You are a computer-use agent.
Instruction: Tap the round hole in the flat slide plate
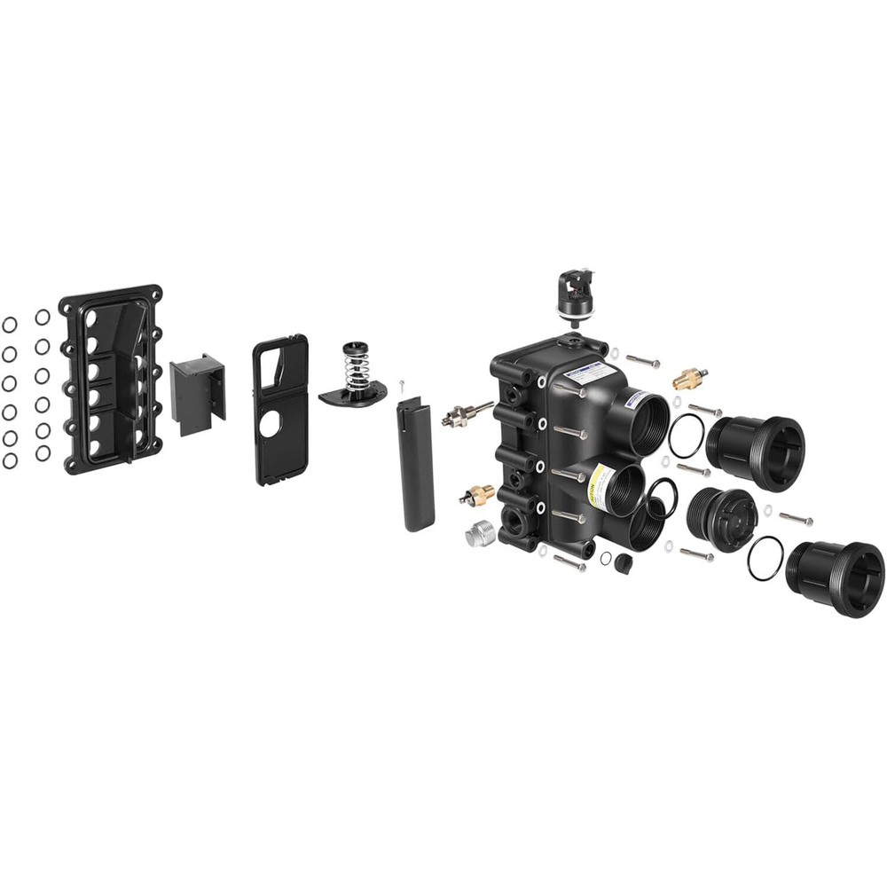tap(270, 424)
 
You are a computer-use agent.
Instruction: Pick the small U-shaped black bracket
tap(198, 393)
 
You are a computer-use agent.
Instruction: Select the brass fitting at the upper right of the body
tap(689, 379)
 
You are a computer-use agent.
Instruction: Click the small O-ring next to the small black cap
tap(606, 558)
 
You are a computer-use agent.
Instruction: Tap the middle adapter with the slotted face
tap(723, 519)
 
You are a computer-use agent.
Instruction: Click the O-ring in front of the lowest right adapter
tap(765, 558)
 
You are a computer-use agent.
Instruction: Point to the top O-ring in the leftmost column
tap(10, 325)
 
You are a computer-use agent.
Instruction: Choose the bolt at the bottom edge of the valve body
tap(569, 561)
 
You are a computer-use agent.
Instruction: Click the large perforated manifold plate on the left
tap(112, 379)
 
